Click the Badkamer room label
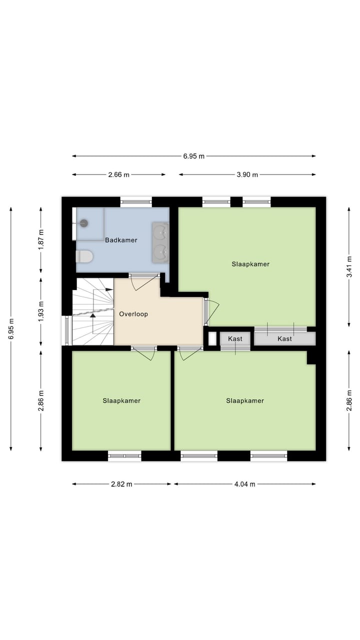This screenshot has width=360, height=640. click(121, 240)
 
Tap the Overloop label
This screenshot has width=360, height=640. click(133, 314)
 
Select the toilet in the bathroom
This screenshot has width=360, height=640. click(84, 256)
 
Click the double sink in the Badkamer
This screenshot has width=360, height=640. click(160, 242)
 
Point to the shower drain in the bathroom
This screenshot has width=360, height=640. click(84, 223)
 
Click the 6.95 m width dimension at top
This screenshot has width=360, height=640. click(193, 156)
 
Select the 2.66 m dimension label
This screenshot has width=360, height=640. click(118, 174)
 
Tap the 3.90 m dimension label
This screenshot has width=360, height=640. click(247, 174)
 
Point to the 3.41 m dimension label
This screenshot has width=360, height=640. click(349, 267)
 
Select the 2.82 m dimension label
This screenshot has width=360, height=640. click(121, 484)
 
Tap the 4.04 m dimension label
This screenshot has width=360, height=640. click(244, 484)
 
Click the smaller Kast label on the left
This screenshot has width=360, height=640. click(235, 338)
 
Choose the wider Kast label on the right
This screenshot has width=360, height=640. click(284, 338)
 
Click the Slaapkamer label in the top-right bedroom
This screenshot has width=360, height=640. click(250, 264)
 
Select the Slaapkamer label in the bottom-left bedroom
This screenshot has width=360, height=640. click(121, 400)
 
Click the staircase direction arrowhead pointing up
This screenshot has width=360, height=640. click(92, 315)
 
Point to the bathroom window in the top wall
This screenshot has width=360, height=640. click(136, 202)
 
